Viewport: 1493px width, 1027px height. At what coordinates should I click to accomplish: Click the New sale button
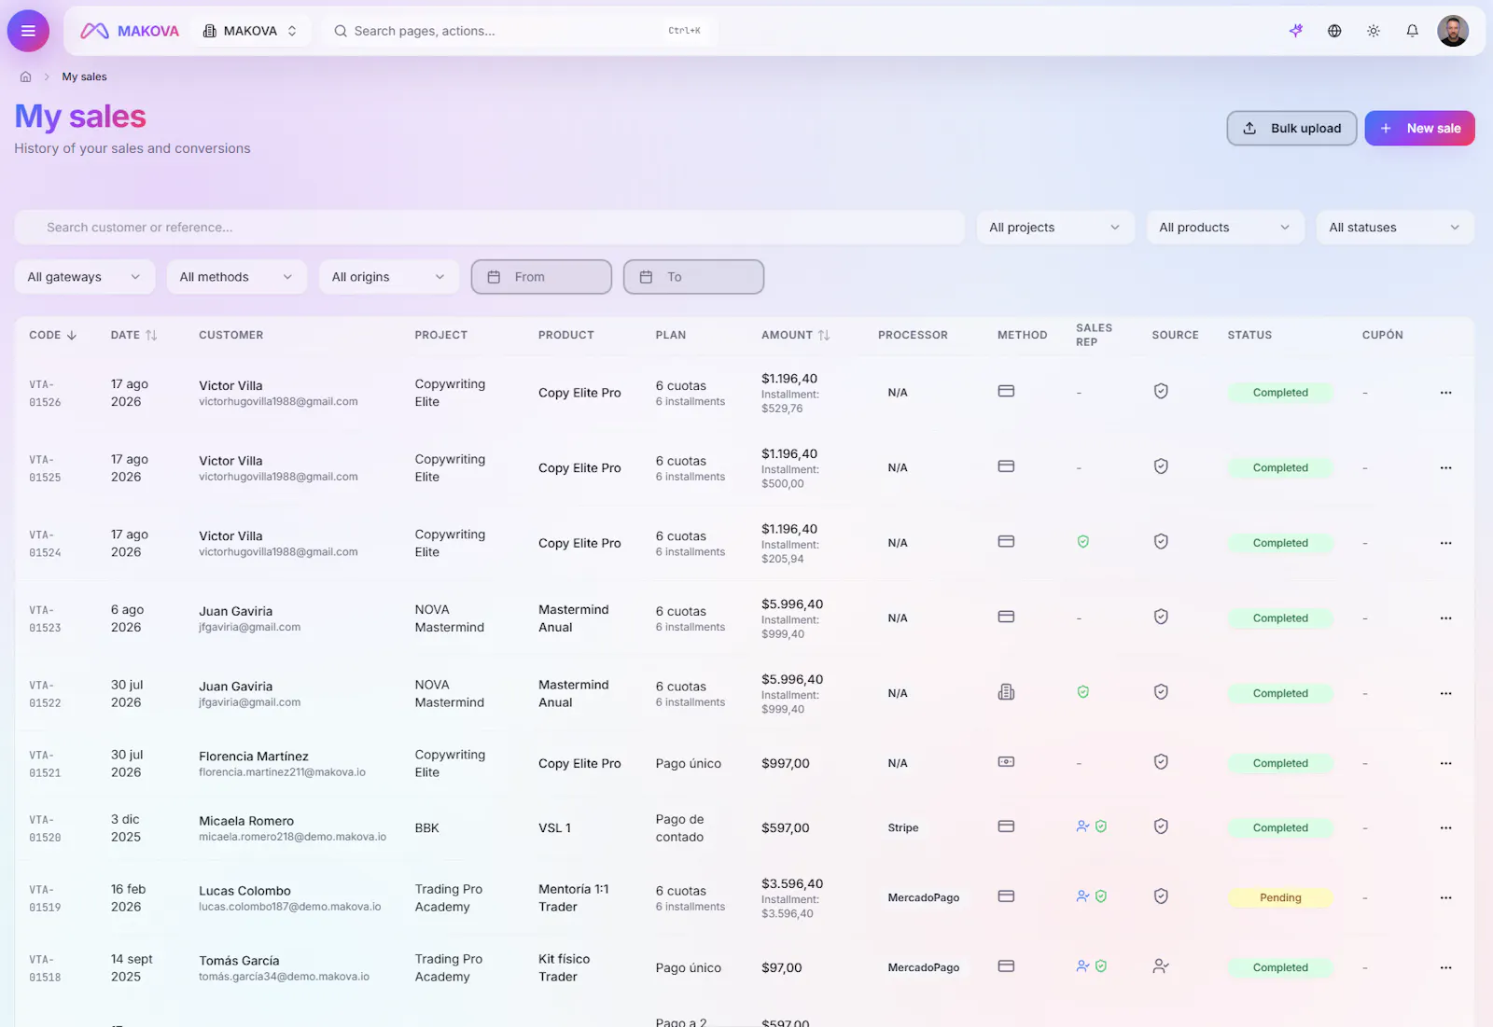(1419, 128)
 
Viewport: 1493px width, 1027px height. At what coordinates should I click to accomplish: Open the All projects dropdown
(1054, 228)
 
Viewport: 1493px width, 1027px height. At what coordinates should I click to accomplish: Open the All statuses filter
(1394, 228)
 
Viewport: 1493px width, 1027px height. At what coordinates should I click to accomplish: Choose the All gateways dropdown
(84, 277)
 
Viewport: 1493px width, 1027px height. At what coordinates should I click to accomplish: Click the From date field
(541, 277)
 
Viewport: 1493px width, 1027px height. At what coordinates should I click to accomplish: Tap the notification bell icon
(1412, 31)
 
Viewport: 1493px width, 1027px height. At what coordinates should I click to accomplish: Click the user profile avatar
(1452, 31)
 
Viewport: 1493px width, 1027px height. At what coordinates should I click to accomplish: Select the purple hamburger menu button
(28, 31)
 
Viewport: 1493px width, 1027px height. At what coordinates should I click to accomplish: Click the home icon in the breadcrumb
(26, 76)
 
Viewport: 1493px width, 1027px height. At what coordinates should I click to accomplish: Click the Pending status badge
(1279, 897)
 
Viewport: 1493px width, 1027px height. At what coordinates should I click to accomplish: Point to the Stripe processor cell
(902, 827)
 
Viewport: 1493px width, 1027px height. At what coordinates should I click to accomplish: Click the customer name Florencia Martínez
(253, 756)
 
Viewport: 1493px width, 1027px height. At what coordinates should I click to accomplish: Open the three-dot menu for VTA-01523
(1445, 618)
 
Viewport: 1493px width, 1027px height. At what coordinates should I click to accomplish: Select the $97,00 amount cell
(781, 967)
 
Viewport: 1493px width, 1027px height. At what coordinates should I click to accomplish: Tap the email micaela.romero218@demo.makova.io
(292, 837)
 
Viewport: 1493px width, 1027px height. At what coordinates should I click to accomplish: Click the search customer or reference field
(489, 228)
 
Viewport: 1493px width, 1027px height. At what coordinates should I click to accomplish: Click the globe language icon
(1333, 31)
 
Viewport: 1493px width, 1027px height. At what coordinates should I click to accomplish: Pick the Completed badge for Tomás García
(1279, 967)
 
